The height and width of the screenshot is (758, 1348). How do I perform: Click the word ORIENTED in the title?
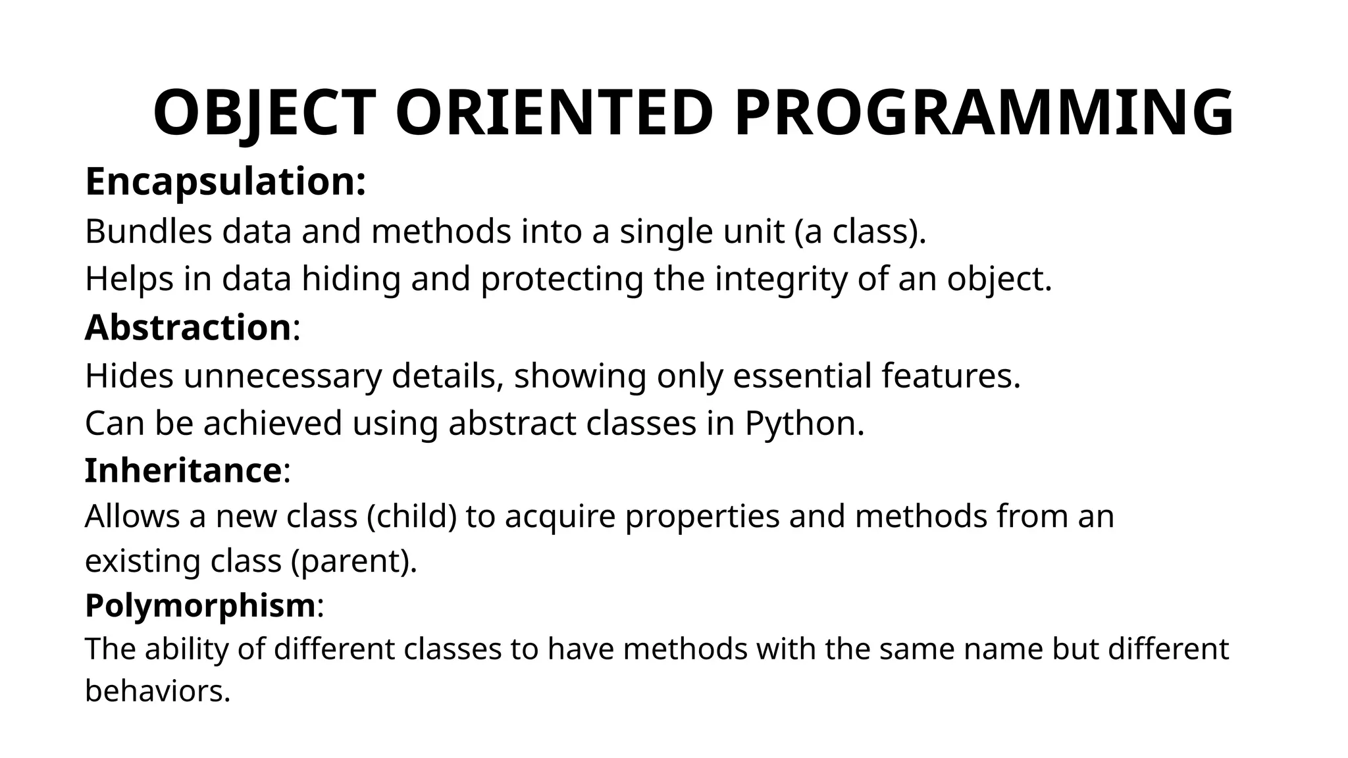(554, 113)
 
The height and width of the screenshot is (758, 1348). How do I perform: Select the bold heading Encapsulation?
(225, 182)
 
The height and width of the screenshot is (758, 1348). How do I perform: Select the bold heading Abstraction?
(188, 328)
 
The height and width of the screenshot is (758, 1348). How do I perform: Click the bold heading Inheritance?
(184, 471)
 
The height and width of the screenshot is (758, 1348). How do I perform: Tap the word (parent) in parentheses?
(353, 562)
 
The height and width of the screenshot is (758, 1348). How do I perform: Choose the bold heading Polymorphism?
(200, 605)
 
